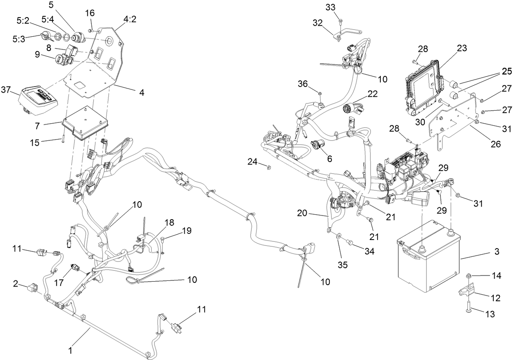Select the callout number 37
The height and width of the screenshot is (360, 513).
[7, 89]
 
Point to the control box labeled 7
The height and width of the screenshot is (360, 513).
[83, 118]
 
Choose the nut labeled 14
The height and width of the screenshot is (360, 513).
[469, 276]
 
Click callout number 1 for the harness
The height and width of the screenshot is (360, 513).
[70, 350]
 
